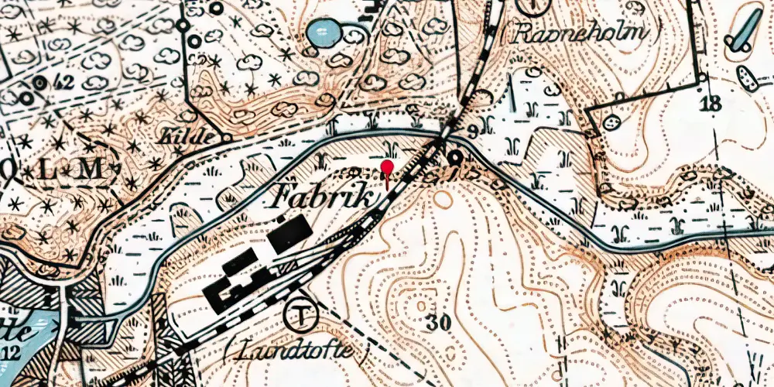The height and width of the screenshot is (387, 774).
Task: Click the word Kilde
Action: coord(186,137)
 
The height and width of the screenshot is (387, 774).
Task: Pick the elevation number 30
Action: coord(437,324)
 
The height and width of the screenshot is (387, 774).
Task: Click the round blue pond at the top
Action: coord(324,33)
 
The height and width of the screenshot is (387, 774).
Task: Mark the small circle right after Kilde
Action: coord(227,138)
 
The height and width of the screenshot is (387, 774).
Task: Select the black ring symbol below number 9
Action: coord(455,159)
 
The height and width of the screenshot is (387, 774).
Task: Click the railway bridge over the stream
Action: coord(440,143)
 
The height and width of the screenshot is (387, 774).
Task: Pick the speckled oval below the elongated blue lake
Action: coord(748,78)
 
